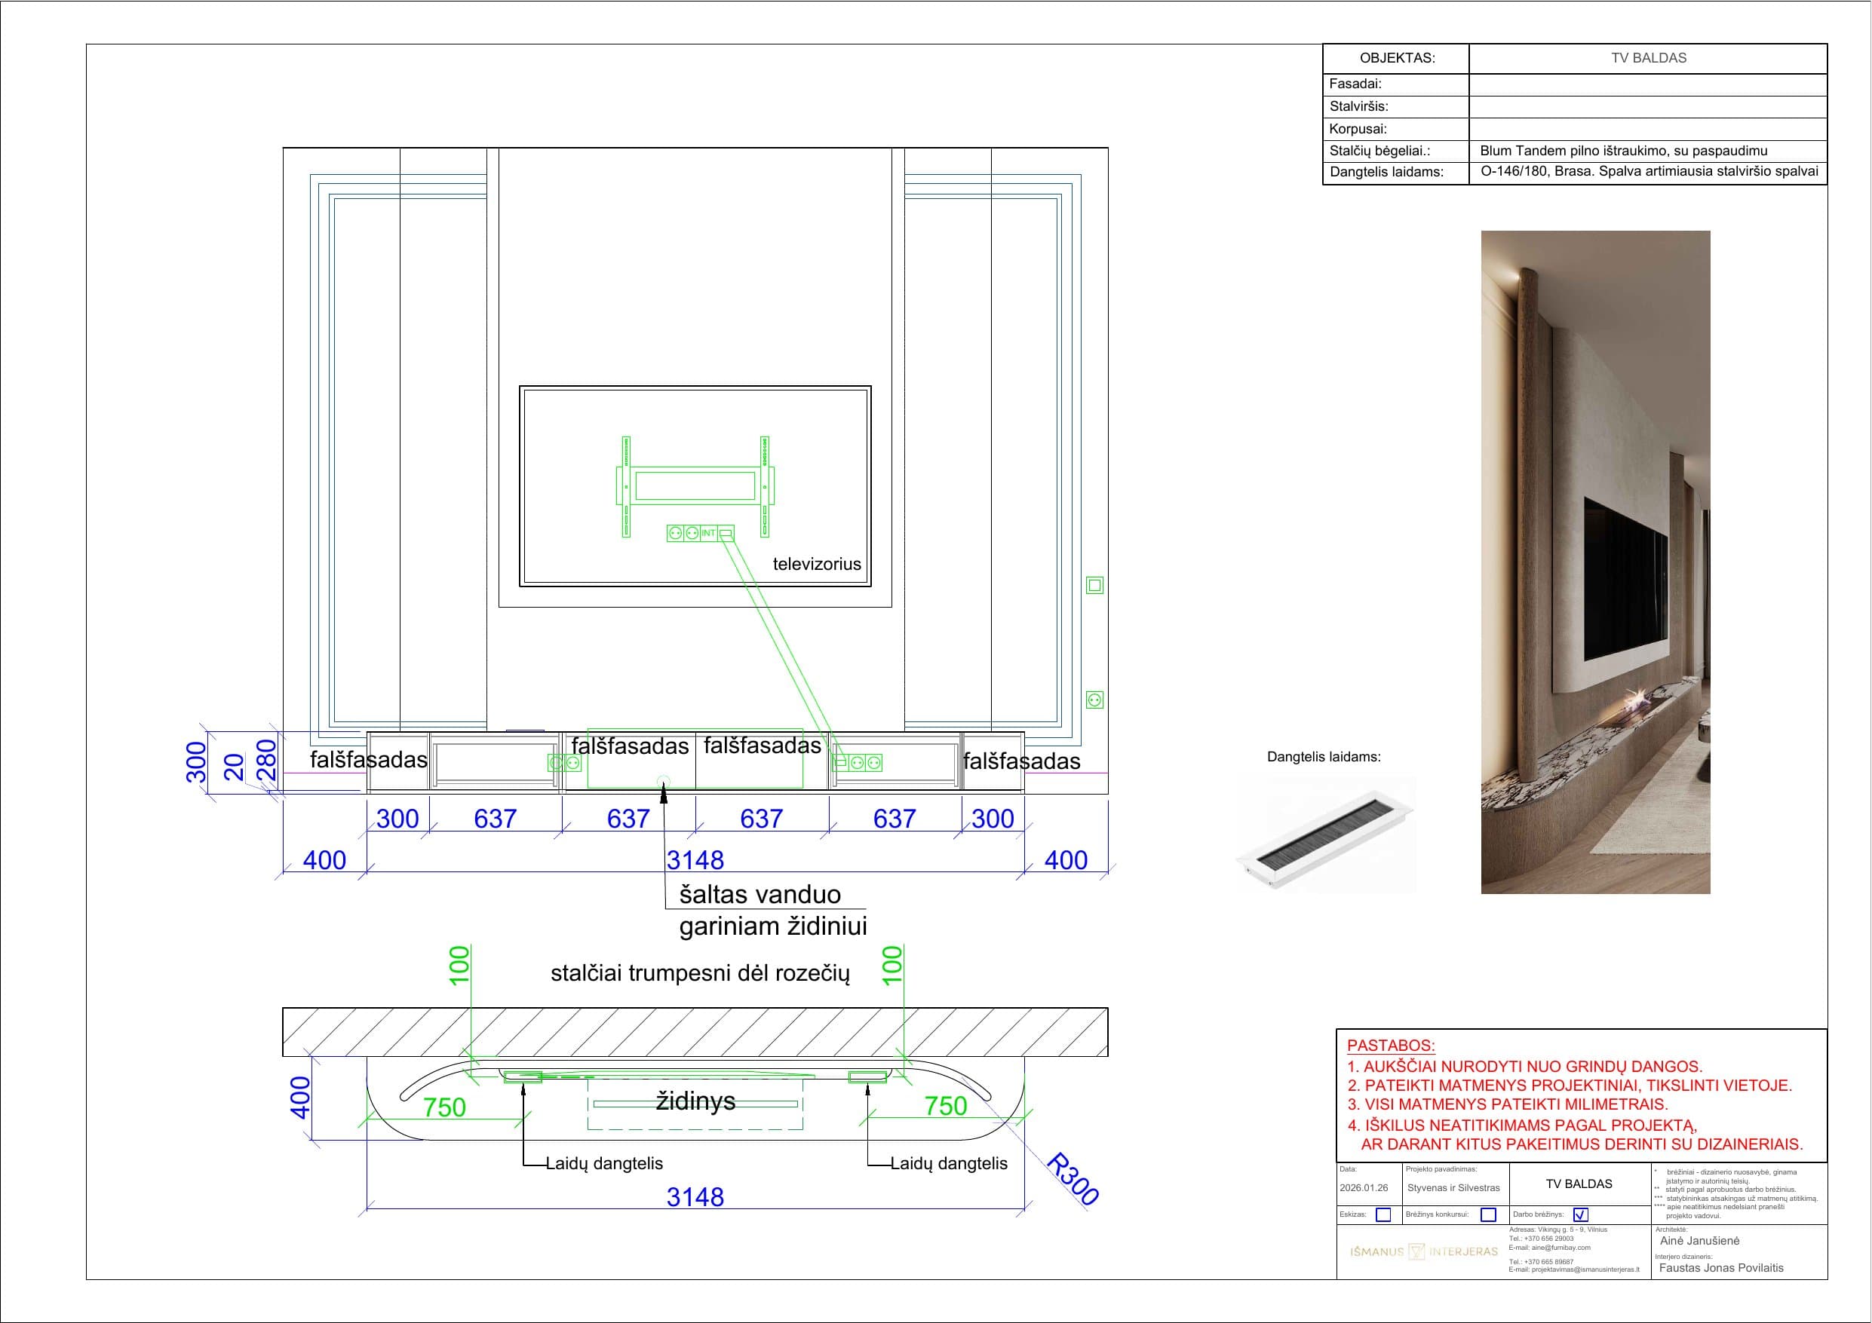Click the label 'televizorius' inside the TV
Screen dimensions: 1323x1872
click(816, 564)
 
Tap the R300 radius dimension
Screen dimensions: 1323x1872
click(1073, 1179)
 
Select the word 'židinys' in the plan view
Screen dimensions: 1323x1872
click(695, 1101)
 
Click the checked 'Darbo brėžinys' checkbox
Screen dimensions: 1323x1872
click(1580, 1214)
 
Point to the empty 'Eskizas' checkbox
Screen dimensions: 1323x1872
click(1383, 1214)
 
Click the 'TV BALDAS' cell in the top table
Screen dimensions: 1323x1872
click(1648, 58)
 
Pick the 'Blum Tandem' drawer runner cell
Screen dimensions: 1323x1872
click(1623, 151)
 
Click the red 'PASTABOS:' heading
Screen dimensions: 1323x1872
click(1391, 1045)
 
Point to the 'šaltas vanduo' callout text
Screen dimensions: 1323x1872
click(760, 895)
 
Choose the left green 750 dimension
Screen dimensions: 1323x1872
click(444, 1107)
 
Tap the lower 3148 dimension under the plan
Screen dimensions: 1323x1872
click(695, 1196)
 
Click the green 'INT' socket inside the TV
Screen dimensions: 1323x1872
click(708, 533)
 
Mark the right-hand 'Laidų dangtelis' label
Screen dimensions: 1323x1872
click(948, 1163)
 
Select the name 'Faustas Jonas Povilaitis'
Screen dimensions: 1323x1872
click(1721, 1267)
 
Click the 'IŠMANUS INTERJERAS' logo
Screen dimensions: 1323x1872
click(1423, 1251)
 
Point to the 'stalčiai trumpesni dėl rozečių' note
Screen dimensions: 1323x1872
click(701, 973)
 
